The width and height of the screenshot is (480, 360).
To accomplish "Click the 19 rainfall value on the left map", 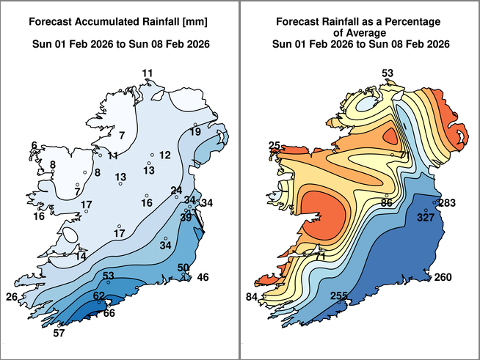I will pos(195,132).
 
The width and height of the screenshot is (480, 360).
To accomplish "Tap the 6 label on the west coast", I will pos(34,146).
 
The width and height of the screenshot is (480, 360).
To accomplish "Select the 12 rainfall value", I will pos(164,155).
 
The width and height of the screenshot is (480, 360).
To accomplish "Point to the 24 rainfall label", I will pos(176,191).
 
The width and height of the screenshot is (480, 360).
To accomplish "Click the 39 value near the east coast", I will pos(186,217).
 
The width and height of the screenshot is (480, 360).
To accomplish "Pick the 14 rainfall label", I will pos(81,256).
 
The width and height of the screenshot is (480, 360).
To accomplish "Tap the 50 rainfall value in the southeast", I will pos(183,268).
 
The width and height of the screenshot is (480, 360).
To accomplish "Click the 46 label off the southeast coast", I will pos(203,277).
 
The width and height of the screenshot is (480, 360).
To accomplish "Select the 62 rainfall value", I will pos(98,296).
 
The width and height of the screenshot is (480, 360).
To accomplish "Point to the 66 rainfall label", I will pos(109,313).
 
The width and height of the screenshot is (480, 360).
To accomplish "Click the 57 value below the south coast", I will pos(59,334).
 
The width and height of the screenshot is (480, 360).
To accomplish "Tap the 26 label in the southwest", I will pos(12,297).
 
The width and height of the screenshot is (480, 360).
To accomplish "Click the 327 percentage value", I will pos(426,218).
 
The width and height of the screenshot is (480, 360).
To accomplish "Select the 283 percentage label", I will pos(447,203).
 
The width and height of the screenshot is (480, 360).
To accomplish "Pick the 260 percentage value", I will pos(443,277).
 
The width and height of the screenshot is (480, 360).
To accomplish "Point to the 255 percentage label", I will pos(338,296).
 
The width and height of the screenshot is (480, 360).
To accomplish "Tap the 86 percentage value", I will pos(387,202).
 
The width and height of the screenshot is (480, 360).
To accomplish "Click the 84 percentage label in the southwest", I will pos(252,297).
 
